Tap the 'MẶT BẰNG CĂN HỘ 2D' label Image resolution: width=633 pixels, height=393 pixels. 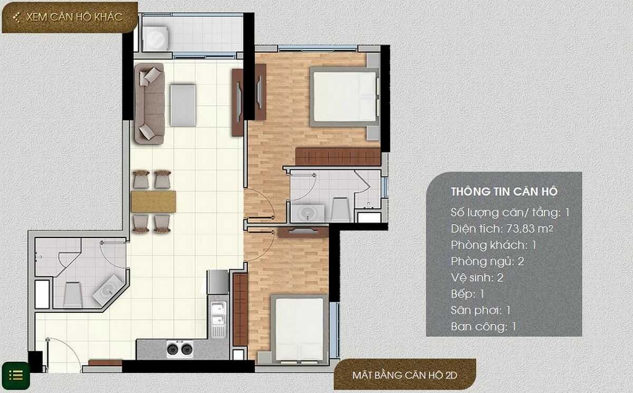[405, 376]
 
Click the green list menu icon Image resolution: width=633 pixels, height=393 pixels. [16, 375]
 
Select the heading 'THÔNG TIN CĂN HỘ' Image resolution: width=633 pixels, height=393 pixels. [504, 191]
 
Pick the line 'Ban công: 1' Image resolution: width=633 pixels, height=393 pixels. [483, 327]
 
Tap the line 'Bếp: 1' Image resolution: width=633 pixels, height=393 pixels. [467, 294]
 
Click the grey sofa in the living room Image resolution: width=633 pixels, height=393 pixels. [149, 103]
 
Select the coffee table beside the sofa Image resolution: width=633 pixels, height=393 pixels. [183, 105]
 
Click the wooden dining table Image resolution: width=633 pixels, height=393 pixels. [154, 202]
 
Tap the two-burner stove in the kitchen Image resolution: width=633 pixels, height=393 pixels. [179, 348]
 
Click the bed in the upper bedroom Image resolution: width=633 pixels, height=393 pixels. [344, 97]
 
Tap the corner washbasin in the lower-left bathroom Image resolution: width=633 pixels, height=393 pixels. [109, 290]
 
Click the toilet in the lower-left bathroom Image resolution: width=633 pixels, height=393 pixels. [73, 293]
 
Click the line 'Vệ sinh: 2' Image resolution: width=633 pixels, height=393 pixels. [477, 277]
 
